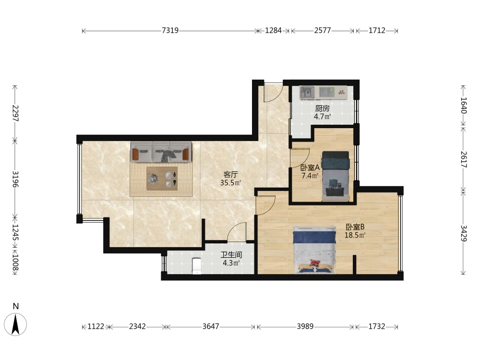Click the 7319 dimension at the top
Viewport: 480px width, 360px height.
pos(170,30)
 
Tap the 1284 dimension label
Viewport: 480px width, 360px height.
pos(273,30)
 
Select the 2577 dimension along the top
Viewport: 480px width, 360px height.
pos(323,30)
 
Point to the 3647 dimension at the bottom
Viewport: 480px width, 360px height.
pos(211,326)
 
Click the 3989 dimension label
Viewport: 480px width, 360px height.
pos(305,326)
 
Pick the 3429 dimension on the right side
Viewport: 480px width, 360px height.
pos(464,233)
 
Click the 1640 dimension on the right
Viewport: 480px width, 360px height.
pos(464,105)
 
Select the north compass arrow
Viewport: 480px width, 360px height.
pos(16,324)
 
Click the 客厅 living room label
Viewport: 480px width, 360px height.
pos(230,175)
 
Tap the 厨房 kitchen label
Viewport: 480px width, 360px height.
pos(323,108)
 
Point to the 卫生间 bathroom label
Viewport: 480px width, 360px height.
pos(232,255)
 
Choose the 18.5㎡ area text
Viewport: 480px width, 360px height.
pos(355,235)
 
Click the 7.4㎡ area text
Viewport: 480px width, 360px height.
pos(310,176)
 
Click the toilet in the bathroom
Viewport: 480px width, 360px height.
pos(196,266)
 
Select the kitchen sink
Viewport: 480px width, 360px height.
pos(307,93)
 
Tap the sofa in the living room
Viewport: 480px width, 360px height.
pos(161,152)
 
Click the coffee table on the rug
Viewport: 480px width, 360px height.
pos(162,179)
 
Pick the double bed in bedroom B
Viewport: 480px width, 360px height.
pos(314,250)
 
